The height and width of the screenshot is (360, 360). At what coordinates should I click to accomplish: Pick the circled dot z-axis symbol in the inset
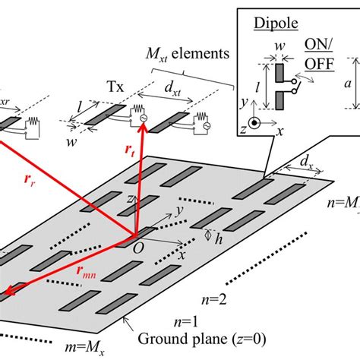click(259, 122)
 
